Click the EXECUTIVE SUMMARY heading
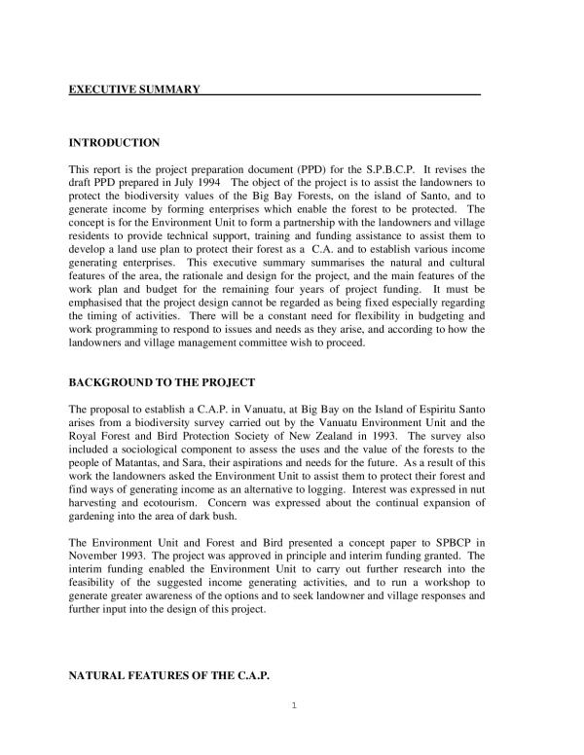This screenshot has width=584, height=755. (134, 90)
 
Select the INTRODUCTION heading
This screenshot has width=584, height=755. (114, 142)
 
